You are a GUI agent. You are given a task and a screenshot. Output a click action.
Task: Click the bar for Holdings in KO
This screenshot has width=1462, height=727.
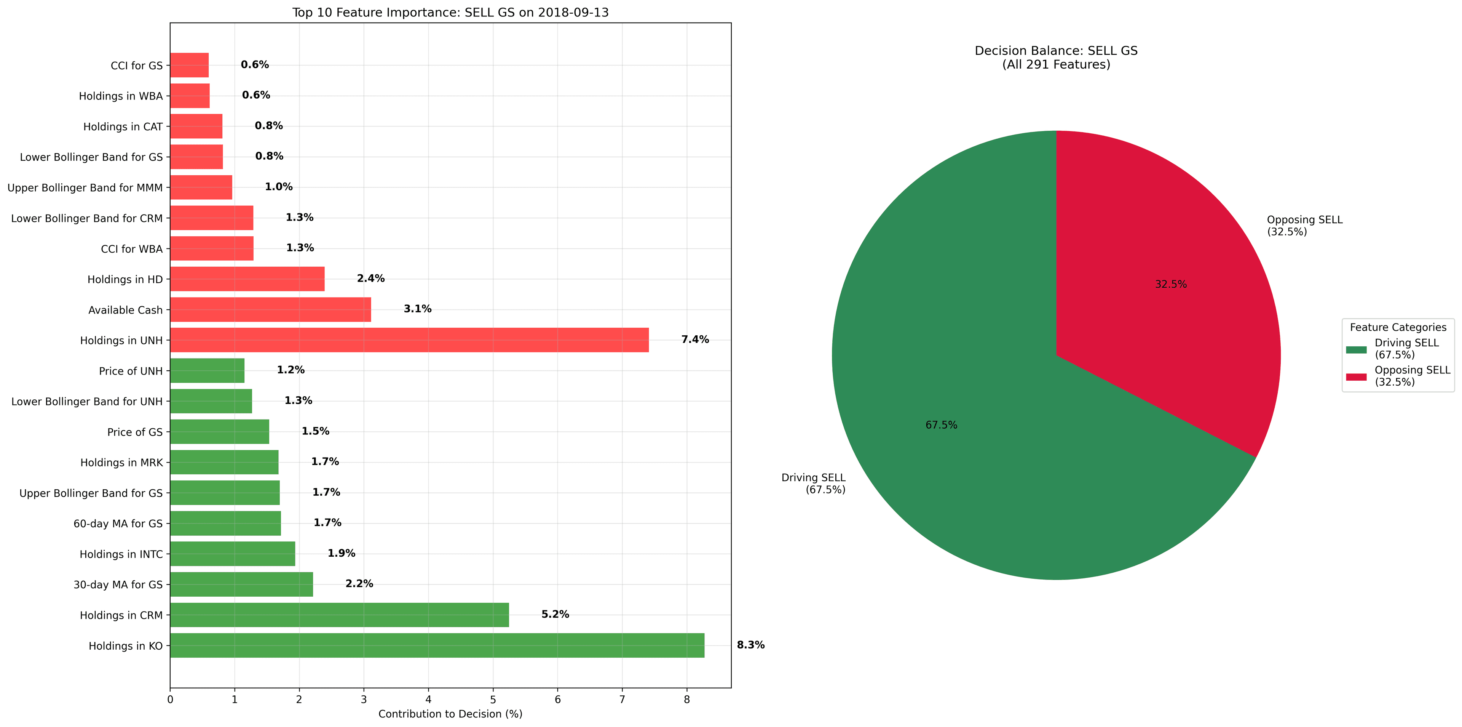[x=437, y=645]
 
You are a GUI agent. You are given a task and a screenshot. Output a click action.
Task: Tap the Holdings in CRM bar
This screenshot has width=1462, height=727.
[x=339, y=615]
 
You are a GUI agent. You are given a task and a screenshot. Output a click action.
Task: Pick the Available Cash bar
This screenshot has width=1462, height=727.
[x=270, y=309]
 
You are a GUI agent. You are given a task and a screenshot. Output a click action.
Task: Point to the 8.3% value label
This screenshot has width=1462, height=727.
[x=750, y=645]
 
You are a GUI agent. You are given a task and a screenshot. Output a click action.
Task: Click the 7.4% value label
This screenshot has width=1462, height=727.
[x=695, y=339]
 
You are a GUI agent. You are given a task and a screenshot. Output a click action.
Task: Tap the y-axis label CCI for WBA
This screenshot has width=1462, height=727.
[x=132, y=249]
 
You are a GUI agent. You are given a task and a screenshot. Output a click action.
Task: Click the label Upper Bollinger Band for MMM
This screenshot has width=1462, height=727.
[x=85, y=187]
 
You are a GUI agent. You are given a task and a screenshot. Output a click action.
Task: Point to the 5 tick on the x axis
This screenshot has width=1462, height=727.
[x=493, y=700]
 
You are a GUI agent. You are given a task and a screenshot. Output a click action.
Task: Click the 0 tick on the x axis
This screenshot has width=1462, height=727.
[x=170, y=700]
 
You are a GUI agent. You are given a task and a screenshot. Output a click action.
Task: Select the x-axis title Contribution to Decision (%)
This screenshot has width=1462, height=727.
[x=450, y=714]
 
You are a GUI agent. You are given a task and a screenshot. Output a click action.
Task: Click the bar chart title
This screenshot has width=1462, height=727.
[x=450, y=13]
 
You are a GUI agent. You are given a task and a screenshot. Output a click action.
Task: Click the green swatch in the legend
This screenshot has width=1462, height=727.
[x=1356, y=349]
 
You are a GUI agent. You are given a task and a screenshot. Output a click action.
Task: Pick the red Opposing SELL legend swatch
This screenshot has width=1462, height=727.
[x=1356, y=376]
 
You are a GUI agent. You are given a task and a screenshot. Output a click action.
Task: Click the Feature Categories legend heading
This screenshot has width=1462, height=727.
[x=1398, y=327]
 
